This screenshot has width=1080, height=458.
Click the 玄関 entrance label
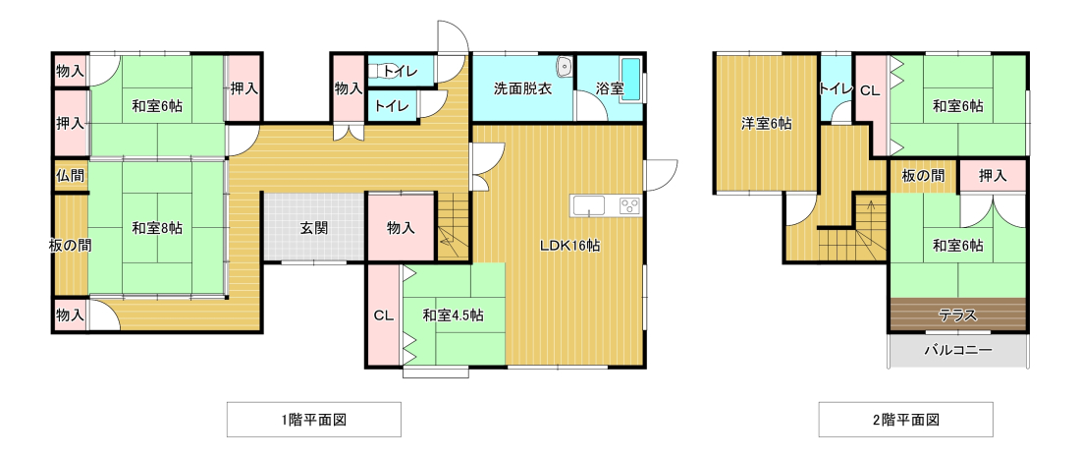pyautogui.click(x=313, y=228)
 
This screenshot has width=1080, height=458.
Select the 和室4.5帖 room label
pyautogui.click(x=453, y=315)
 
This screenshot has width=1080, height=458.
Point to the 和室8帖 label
pyautogui.click(x=157, y=228)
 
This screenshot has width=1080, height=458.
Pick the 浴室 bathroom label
pyautogui.click(x=610, y=89)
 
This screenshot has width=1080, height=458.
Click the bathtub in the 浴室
pyautogui.click(x=630, y=81)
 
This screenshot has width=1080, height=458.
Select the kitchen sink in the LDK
pyautogui.click(x=588, y=205)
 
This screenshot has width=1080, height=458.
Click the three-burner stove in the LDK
pyautogui.click(x=629, y=205)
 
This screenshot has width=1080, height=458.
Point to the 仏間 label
pyautogui.click(x=71, y=175)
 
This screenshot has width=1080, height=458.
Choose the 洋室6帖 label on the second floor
pyautogui.click(x=766, y=124)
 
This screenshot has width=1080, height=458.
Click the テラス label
pyautogui.click(x=957, y=315)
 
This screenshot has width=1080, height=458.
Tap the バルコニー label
pyautogui.click(x=957, y=351)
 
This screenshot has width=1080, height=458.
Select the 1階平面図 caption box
pyautogui.click(x=313, y=420)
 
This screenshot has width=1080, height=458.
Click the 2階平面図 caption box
pyautogui.click(x=906, y=420)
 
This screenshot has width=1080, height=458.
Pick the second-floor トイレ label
pyautogui.click(x=837, y=89)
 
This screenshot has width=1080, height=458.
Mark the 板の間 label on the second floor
pyautogui.click(x=923, y=175)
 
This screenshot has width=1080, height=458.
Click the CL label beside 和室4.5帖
pyautogui.click(x=384, y=315)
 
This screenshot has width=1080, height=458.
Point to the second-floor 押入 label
pyautogui.click(x=993, y=175)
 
